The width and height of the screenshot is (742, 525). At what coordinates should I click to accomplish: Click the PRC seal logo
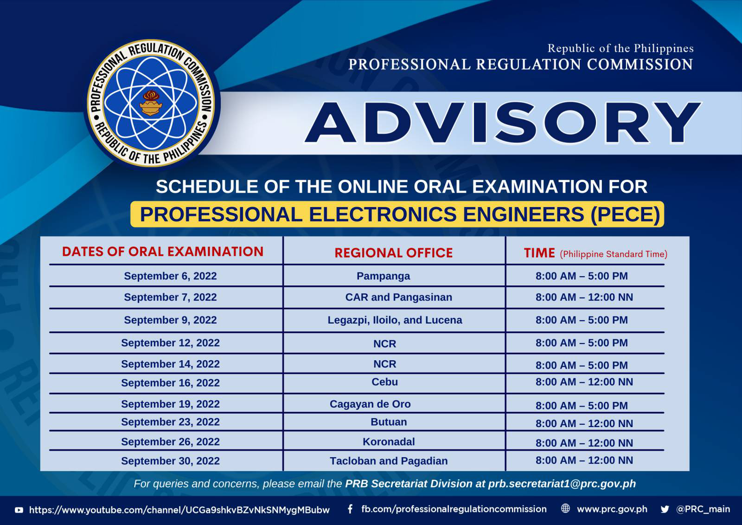click(151, 103)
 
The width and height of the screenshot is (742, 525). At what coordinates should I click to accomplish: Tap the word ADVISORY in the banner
click(503, 123)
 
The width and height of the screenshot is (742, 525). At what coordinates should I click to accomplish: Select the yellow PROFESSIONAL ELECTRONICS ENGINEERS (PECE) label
click(397, 214)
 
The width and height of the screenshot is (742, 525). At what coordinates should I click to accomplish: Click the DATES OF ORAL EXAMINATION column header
click(163, 252)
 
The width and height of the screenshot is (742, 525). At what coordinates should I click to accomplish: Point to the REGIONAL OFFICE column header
click(394, 253)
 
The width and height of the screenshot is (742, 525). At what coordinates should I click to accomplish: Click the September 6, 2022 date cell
click(170, 276)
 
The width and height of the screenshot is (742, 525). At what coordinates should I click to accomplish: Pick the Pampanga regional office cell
click(383, 276)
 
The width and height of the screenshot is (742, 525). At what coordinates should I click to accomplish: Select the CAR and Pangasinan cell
click(398, 297)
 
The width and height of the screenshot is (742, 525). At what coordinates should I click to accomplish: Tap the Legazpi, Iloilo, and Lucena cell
click(395, 320)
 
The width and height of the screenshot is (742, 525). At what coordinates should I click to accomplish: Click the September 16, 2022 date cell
click(170, 382)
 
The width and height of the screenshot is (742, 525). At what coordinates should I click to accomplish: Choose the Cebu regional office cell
click(384, 382)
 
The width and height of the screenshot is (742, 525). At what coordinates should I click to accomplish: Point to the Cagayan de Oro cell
click(370, 404)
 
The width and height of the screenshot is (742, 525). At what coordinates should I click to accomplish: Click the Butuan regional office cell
click(389, 422)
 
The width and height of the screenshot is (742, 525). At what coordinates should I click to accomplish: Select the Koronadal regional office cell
click(389, 442)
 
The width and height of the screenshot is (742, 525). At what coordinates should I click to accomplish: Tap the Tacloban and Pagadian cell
click(389, 461)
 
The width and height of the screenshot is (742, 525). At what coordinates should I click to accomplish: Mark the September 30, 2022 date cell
click(170, 461)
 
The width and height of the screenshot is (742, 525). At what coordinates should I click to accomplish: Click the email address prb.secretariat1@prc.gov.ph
click(562, 484)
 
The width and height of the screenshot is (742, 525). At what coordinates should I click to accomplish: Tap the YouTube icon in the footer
click(19, 510)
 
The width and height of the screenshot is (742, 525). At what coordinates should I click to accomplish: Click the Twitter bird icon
click(665, 509)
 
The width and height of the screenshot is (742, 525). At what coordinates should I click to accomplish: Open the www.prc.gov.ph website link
click(612, 509)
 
